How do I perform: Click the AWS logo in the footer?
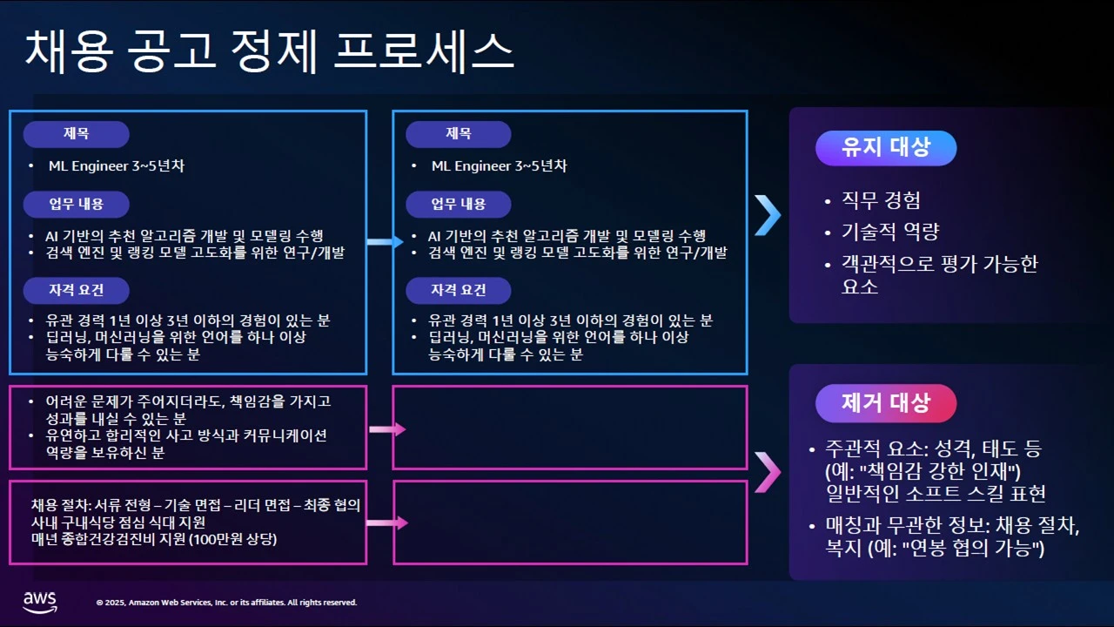(x=39, y=601)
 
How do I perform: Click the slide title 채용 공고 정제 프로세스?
(x=269, y=51)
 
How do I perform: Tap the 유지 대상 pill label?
(x=885, y=148)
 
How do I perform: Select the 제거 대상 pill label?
(x=885, y=403)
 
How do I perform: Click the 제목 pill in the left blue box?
(x=76, y=134)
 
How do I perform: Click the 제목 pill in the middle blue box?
(x=459, y=134)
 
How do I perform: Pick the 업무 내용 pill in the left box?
(x=76, y=205)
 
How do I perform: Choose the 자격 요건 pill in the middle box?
(x=459, y=290)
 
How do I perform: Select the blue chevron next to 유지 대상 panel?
(x=767, y=215)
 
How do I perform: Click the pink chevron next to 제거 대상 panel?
(x=767, y=472)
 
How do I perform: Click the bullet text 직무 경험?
(x=881, y=201)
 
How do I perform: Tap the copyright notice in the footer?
(x=226, y=603)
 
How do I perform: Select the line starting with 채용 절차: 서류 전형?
(x=195, y=505)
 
